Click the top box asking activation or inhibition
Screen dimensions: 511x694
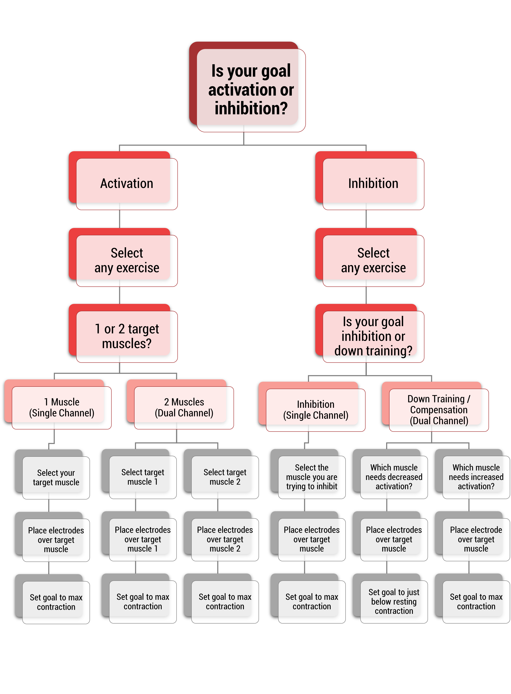247,87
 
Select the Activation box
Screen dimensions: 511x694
123,181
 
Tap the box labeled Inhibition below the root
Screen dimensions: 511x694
370,181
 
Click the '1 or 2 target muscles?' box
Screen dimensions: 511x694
123,333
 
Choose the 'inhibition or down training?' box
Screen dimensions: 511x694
370,333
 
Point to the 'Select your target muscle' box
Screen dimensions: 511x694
53,474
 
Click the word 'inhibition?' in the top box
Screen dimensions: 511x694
251,108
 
